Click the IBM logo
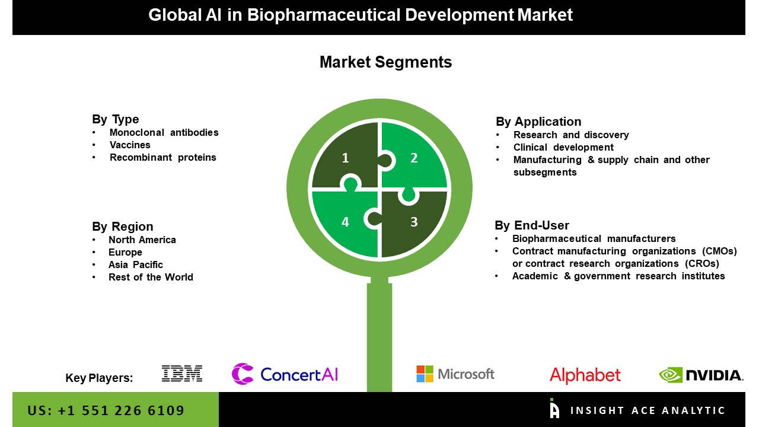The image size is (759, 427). click(x=182, y=374)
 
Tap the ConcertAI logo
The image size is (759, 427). click(x=285, y=374)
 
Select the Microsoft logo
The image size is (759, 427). click(x=455, y=374)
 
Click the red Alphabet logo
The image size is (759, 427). click(x=585, y=375)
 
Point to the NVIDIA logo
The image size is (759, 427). click(x=701, y=375)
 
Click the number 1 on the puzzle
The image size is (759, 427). click(x=345, y=158)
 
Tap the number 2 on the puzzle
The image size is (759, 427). click(x=414, y=158)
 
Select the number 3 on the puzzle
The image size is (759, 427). click(x=414, y=222)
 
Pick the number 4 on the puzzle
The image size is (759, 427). click(x=345, y=222)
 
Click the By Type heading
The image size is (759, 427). click(x=115, y=119)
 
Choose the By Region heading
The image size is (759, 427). click(x=123, y=227)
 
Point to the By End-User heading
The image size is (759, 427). click(x=532, y=225)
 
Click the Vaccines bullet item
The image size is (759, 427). click(x=130, y=145)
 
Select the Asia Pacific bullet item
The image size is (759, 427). click(x=136, y=265)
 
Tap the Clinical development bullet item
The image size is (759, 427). click(x=563, y=148)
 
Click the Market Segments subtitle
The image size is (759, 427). click(x=385, y=62)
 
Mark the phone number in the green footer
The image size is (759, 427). click(x=106, y=410)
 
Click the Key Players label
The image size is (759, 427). click(x=99, y=378)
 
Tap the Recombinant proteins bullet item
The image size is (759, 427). click(x=162, y=158)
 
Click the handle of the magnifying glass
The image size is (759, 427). click(x=379, y=336)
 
